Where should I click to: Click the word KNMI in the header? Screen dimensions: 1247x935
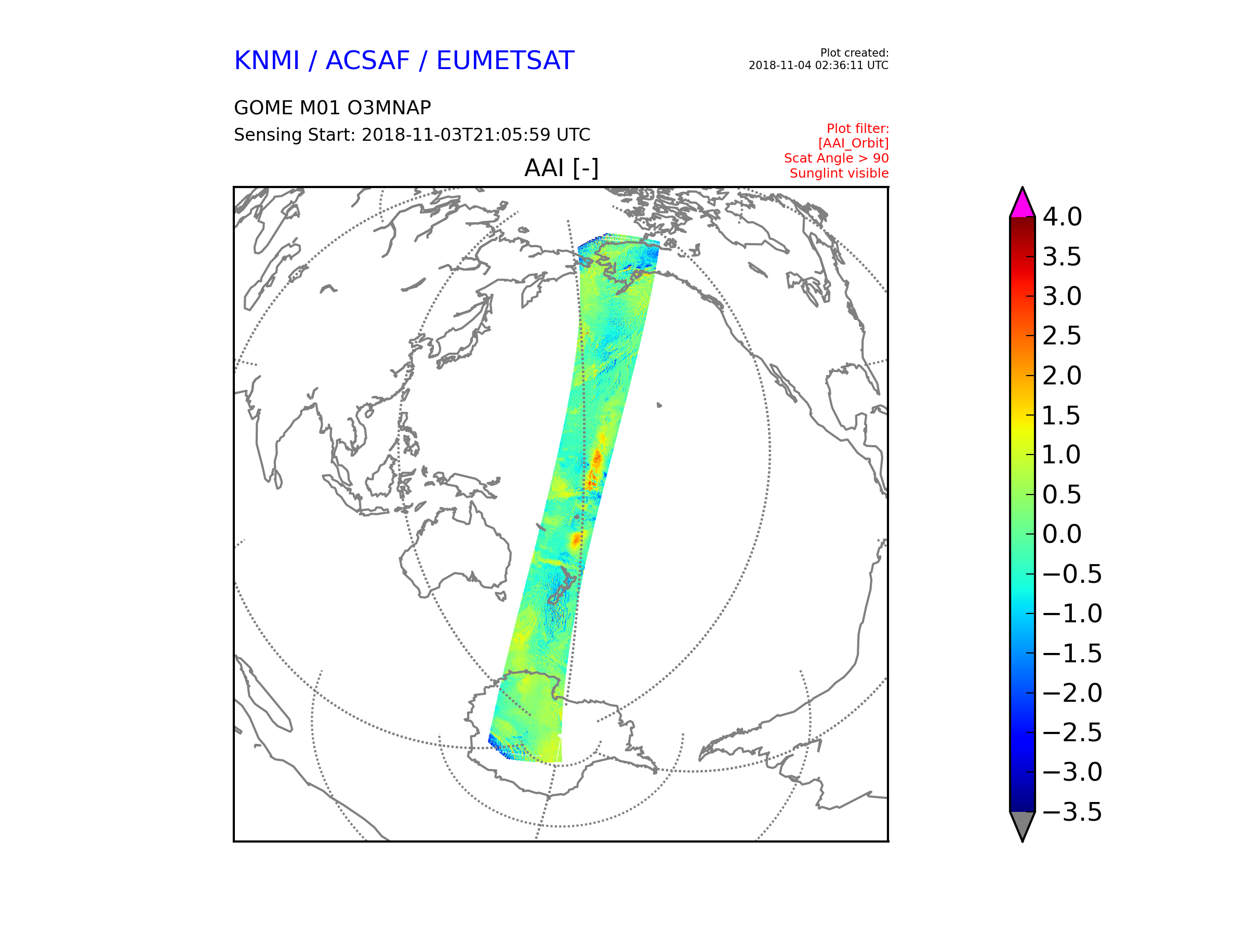[x=267, y=60]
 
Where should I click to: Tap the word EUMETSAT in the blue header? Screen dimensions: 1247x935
[x=505, y=60]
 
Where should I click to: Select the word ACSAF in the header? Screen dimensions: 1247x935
[x=367, y=60]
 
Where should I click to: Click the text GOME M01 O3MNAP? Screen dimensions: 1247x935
[x=333, y=108]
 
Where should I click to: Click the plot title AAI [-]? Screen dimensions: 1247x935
[x=562, y=167]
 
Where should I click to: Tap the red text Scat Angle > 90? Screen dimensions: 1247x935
[x=836, y=158]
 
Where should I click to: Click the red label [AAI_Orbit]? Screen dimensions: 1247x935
[x=853, y=143]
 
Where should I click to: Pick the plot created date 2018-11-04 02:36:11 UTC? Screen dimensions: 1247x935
[x=818, y=65]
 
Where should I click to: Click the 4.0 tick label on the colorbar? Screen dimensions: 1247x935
[x=1062, y=217]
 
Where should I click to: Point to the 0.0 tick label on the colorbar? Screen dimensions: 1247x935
[x=1062, y=535]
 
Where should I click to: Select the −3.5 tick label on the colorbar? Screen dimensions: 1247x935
[x=1072, y=812]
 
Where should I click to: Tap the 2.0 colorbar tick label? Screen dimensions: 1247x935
[x=1062, y=376]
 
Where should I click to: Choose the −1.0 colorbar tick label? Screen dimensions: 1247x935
[x=1072, y=614]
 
